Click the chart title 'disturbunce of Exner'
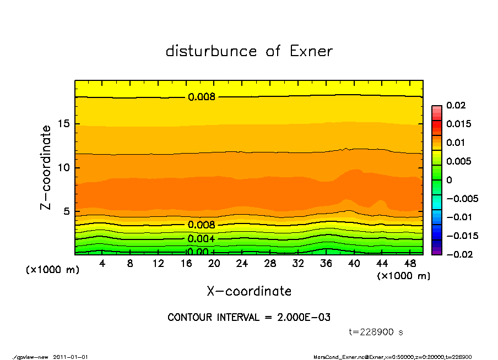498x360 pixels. [249, 51]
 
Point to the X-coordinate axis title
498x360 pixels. [249, 291]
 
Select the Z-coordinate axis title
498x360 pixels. [46, 167]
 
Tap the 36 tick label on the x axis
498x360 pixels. [326, 264]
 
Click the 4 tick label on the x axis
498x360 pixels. [102, 264]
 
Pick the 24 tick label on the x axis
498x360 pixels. [242, 264]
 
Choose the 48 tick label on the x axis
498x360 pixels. [410, 264]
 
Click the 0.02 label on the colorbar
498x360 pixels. [456, 105]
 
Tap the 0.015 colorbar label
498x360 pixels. [458, 124]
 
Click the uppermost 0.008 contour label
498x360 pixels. [202, 97]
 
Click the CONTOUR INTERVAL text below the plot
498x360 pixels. [249, 318]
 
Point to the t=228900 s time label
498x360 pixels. [376, 332]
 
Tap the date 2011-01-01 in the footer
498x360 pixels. [71, 357]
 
